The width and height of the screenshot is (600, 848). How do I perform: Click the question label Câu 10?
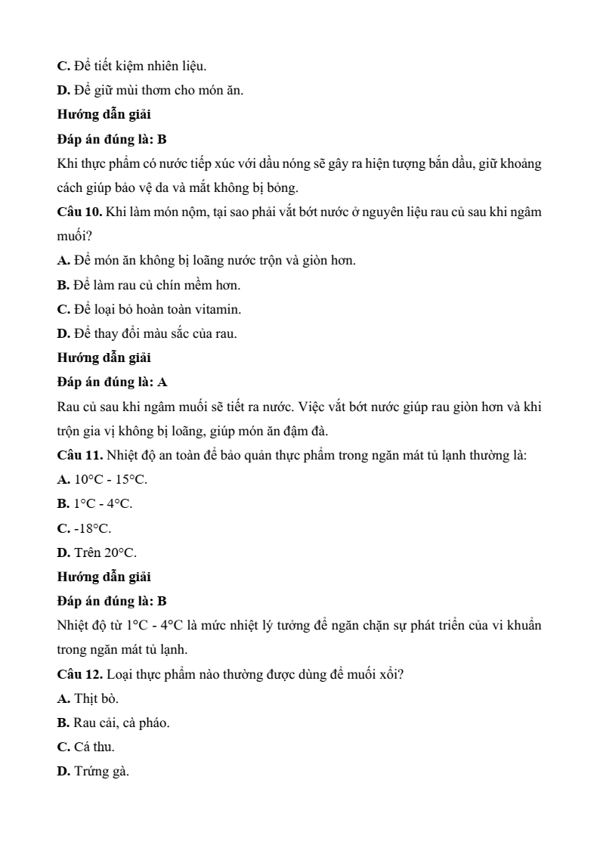pyautogui.click(x=79, y=212)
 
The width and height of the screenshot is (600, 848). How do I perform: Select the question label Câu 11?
pyautogui.click(x=79, y=456)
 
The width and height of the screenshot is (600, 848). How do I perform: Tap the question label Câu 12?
pyautogui.click(x=79, y=674)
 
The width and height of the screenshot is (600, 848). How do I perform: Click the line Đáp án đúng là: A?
pyautogui.click(x=113, y=382)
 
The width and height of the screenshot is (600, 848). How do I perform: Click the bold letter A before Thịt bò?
pyautogui.click(x=63, y=698)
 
